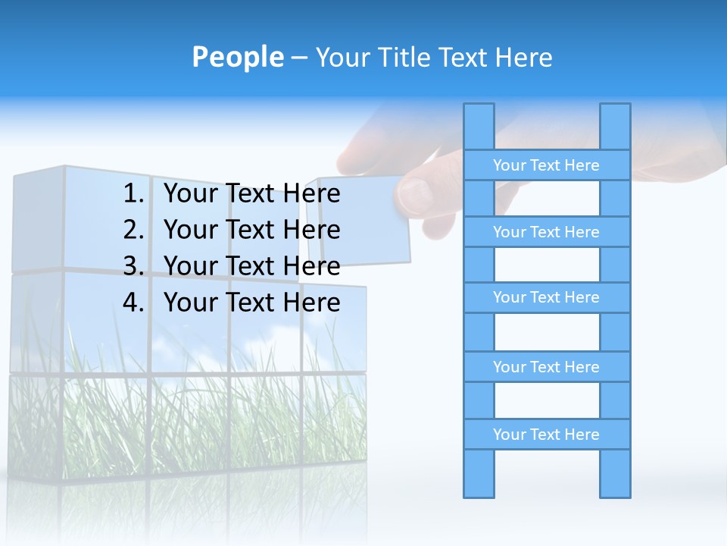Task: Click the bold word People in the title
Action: click(x=237, y=57)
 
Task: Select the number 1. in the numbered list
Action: click(x=133, y=194)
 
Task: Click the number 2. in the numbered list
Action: click(x=133, y=230)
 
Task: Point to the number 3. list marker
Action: click(x=133, y=266)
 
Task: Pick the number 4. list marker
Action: click(x=133, y=303)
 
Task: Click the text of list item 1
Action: click(x=251, y=194)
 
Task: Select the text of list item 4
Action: click(x=251, y=303)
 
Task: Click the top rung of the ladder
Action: click(x=546, y=165)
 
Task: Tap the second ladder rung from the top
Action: click(x=546, y=232)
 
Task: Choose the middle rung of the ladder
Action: click(x=546, y=297)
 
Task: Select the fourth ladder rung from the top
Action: click(x=546, y=367)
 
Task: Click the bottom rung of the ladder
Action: click(x=546, y=435)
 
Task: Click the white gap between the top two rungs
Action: click(x=546, y=199)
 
